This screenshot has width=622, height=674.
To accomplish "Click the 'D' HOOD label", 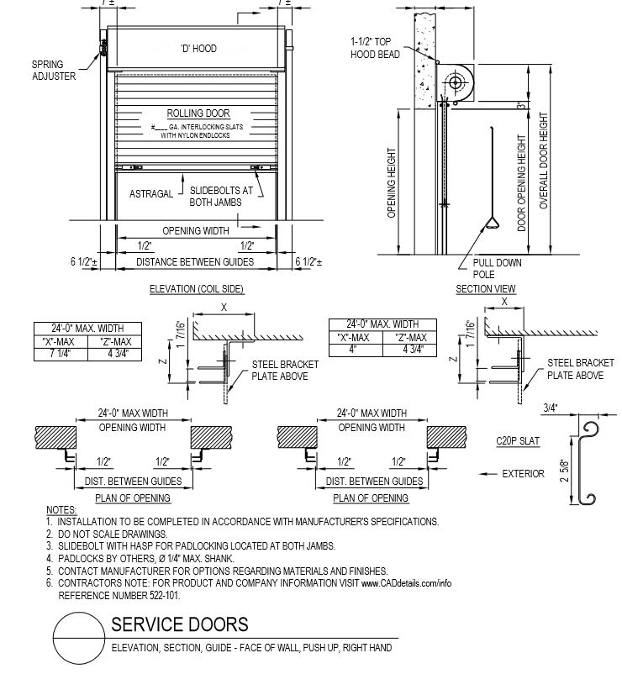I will [198, 49].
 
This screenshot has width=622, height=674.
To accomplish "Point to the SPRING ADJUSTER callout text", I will [54, 70].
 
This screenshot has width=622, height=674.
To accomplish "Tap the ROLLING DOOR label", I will [198, 113].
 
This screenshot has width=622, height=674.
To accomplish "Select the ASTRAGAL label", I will [151, 193].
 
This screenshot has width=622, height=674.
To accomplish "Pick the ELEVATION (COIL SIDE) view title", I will [196, 289].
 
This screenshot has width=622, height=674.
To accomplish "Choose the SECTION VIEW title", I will [486, 289].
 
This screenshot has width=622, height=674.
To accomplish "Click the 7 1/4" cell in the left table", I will [59, 353].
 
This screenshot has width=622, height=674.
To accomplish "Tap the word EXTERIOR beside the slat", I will [523, 473].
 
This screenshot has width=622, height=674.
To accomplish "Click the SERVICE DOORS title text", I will [180, 624].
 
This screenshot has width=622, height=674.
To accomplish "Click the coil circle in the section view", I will [456, 82].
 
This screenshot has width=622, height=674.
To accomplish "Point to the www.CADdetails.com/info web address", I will [407, 582].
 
